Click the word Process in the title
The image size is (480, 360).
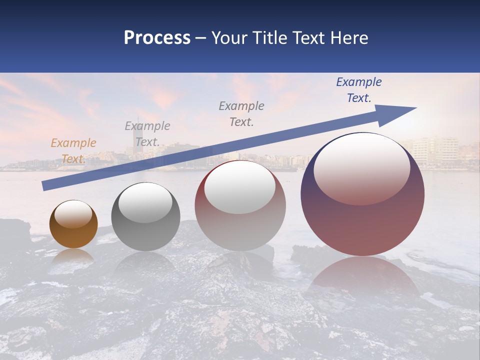click(157, 38)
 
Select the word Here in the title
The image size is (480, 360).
click(349, 38)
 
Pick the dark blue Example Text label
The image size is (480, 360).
click(358, 90)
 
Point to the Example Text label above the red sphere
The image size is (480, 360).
click(241, 114)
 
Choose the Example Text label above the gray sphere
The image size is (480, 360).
click(147, 134)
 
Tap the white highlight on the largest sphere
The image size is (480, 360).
click(361, 167)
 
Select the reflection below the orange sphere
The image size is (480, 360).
click(73, 257)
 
